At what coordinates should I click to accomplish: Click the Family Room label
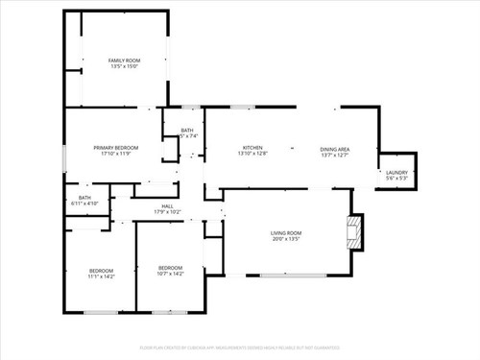coord(125,60)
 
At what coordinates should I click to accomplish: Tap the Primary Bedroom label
coord(116,147)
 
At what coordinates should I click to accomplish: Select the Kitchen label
coord(252,147)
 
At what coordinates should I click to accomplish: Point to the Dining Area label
coord(334,149)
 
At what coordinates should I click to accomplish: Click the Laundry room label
coord(396,174)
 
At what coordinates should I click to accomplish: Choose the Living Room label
coord(285,233)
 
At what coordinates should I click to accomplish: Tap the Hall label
coord(167,205)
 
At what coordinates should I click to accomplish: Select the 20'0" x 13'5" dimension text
coord(285,239)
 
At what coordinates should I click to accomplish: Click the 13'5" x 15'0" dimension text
coord(125,67)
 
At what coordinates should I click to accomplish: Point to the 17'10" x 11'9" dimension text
coord(116,154)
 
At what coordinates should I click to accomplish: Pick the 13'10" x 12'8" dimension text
coord(252,154)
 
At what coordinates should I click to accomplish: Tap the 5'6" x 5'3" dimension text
coord(396,180)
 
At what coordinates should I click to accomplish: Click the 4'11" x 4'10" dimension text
coord(79,204)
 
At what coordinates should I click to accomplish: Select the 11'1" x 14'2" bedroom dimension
coord(101,276)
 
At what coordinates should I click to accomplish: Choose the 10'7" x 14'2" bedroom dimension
coord(170,273)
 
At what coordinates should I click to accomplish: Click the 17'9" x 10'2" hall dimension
coord(167,211)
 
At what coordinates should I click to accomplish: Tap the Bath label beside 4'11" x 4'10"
coord(79,198)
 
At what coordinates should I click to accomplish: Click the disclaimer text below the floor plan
coord(240,347)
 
